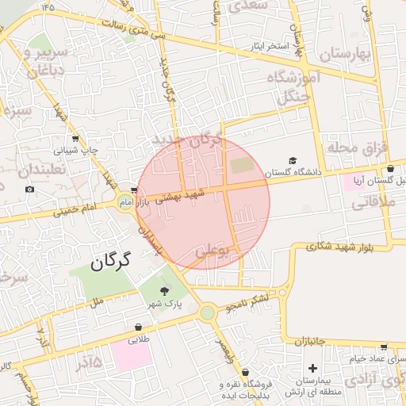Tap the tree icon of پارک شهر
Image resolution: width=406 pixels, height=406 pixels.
point(165,291)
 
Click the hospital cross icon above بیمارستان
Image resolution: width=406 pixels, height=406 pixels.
point(313,368)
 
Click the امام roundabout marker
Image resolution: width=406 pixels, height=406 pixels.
point(125,203)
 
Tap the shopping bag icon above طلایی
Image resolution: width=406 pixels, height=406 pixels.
point(139,326)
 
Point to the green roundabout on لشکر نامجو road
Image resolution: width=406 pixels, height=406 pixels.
point(208,312)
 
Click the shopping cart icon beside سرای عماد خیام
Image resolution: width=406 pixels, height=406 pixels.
point(384,347)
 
